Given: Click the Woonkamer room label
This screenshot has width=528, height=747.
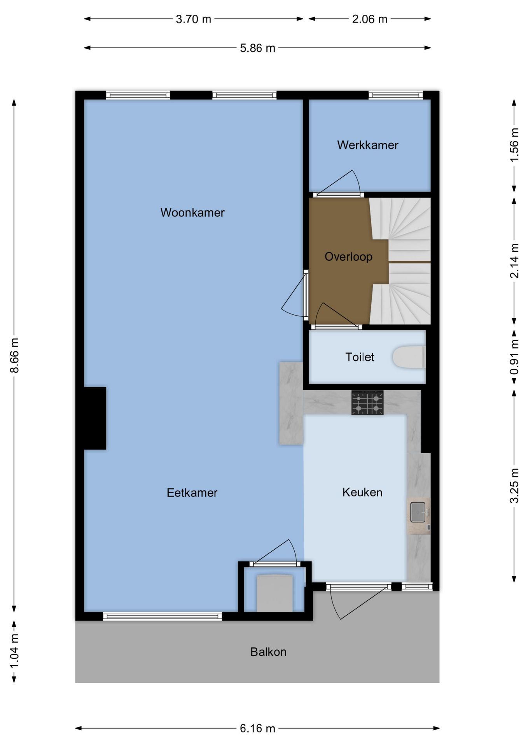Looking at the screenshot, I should [192, 212].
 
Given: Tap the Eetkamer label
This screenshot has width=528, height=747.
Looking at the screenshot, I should [192, 493].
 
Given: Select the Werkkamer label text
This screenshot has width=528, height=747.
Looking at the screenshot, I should [367, 145].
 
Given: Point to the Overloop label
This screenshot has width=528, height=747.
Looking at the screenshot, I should [348, 256].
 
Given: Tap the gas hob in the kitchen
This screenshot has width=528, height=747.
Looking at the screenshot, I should [367, 402].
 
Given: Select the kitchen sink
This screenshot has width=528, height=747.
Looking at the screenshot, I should [418, 512].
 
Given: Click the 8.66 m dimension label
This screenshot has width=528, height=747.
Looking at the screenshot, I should [14, 355].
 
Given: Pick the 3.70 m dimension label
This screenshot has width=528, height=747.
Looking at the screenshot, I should [193, 19].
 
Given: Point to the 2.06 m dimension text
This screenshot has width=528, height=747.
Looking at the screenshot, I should [369, 19].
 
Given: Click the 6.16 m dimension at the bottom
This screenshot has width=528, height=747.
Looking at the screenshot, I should [257, 728].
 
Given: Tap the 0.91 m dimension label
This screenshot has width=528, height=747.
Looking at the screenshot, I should [514, 357].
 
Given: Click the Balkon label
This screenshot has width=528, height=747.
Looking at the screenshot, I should [268, 652].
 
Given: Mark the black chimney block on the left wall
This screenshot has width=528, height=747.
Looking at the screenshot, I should [94, 418].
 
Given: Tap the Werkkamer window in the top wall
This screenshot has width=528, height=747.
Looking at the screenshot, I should [395, 95].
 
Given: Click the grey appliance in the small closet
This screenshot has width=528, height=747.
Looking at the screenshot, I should [274, 593].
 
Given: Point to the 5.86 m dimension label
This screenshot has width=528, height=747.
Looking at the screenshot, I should [257, 48].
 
